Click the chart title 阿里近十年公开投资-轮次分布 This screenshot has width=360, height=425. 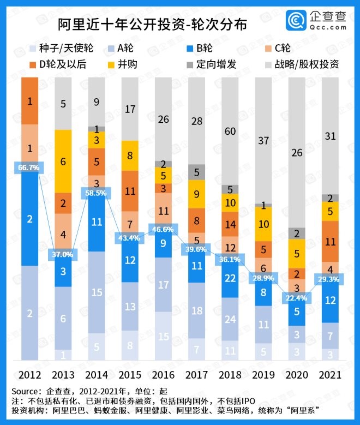[x=152, y=25]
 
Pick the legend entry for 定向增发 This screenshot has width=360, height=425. [x=220, y=64]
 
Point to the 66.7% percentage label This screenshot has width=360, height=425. [x=29, y=168]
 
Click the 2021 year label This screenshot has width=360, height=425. [x=330, y=375]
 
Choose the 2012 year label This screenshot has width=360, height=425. [x=30, y=375]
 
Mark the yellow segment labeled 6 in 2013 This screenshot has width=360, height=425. [x=63, y=161]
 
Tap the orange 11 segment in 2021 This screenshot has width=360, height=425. [x=330, y=241]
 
